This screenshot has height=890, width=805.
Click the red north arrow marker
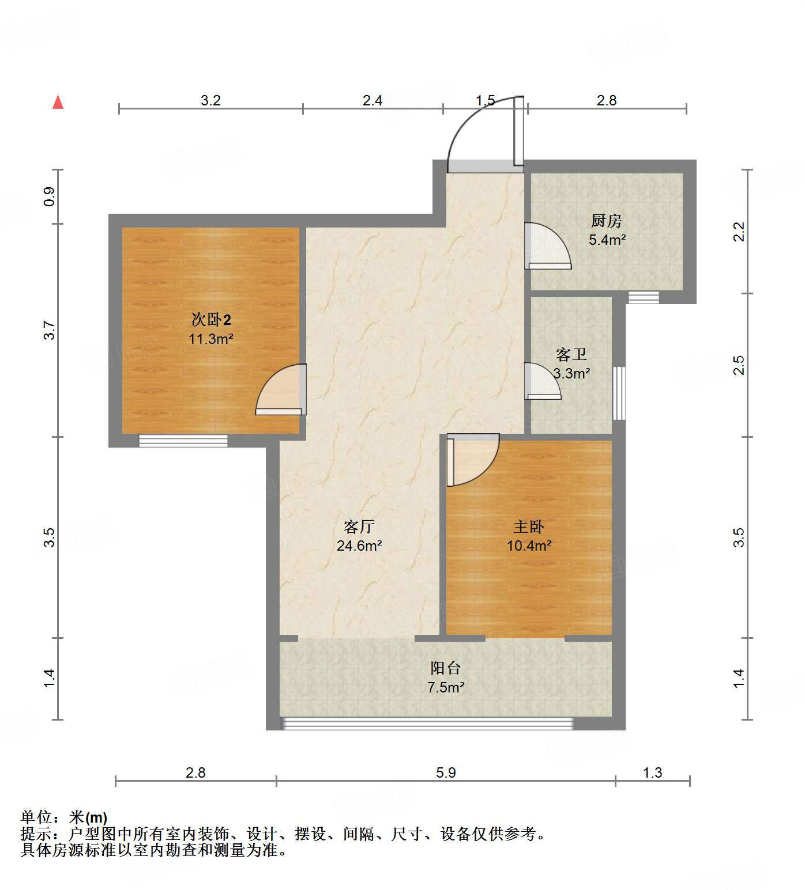click(58, 103)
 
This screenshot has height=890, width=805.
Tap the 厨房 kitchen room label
click(606, 221)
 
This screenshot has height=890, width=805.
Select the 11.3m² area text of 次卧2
click(210, 339)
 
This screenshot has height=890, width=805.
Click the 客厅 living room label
click(359, 527)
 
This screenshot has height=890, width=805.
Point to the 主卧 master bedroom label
click(529, 527)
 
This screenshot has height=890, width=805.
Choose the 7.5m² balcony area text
click(446, 687)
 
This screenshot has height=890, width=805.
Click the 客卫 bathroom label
click(571, 354)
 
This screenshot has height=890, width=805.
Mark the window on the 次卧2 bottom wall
click(183, 441)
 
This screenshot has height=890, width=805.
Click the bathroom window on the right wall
click(619, 393)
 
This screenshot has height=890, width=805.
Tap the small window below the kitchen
click(643, 298)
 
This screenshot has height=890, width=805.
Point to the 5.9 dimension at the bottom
click(446, 772)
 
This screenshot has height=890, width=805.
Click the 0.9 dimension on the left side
click(50, 196)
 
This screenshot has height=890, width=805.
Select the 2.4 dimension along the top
click(373, 100)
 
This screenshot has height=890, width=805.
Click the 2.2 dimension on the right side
click(739, 232)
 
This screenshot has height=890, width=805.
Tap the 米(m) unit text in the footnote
click(88, 817)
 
